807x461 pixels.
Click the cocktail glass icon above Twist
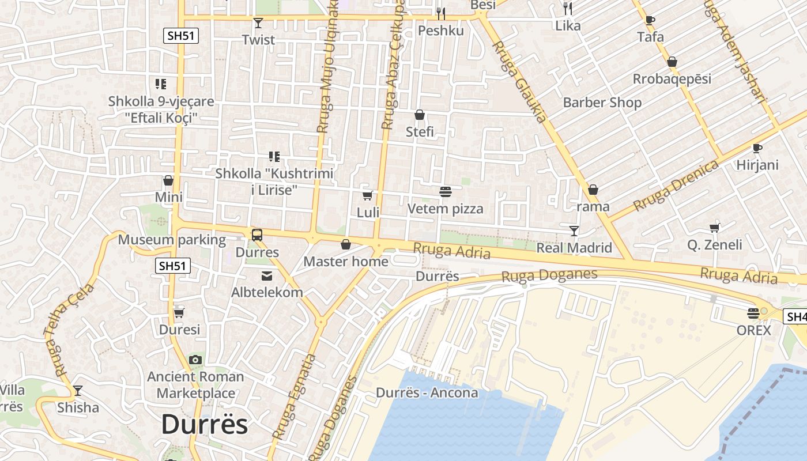click(x=258, y=23)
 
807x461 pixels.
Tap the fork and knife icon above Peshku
click(x=441, y=13)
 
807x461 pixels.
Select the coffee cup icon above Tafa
click(x=650, y=21)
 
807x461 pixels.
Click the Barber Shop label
click(x=602, y=103)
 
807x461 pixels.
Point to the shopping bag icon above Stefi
click(x=420, y=115)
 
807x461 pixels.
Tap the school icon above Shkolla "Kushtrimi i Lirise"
click(x=274, y=156)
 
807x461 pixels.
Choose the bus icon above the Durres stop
click(x=257, y=235)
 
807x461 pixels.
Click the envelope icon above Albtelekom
click(x=267, y=276)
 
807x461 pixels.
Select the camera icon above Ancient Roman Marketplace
click(x=195, y=360)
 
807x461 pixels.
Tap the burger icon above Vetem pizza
click(x=445, y=191)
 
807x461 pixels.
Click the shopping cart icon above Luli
click(x=368, y=196)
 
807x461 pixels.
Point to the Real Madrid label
click(x=574, y=248)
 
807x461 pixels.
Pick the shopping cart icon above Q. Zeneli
click(x=715, y=228)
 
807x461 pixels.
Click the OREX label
click(x=753, y=330)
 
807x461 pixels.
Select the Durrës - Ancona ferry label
click(x=427, y=393)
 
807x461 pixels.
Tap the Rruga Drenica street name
click(x=676, y=186)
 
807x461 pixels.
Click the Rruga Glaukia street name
click(x=519, y=81)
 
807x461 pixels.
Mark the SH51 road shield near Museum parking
click(x=173, y=266)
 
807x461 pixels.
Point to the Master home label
click(x=345, y=262)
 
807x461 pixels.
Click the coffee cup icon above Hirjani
click(x=757, y=149)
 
